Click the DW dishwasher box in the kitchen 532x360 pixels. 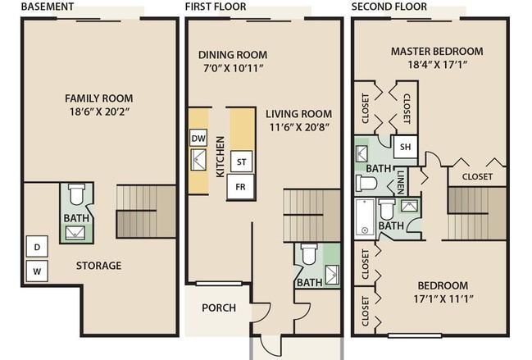tap(198, 138)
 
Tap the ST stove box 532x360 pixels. tap(241, 162)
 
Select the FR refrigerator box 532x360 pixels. tap(240, 187)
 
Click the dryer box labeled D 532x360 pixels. tap(38, 246)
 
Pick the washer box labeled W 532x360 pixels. tap(38, 271)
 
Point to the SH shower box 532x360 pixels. tap(406, 147)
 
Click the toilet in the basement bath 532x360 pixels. tap(75, 194)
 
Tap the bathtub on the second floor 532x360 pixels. tap(365, 217)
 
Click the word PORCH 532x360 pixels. tap(219, 308)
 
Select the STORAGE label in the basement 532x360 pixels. tap(98, 266)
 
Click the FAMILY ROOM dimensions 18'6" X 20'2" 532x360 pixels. tap(100, 112)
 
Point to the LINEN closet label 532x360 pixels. tap(401, 182)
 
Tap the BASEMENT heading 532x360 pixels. tap(48, 6)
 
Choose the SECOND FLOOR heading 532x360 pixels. tap(389, 6)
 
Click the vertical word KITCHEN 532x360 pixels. tap(221, 157)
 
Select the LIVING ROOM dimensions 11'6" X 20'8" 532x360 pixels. tap(299, 127)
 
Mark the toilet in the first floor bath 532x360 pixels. tap(309, 254)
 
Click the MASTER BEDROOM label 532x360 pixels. tap(437, 51)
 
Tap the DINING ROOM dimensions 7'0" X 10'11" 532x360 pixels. tap(233, 68)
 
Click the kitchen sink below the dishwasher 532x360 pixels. tap(198, 159)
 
